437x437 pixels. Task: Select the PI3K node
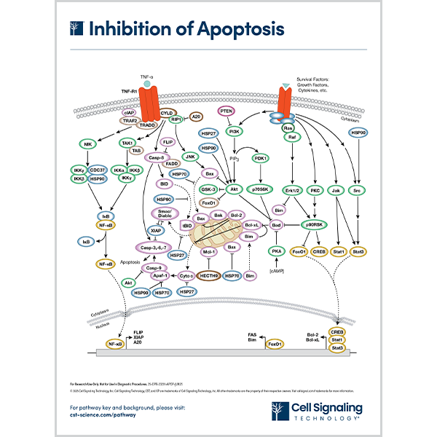pos(235,132)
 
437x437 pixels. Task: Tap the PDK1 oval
pos(261,158)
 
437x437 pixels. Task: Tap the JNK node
pos(192,157)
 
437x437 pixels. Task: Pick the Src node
pos(357,191)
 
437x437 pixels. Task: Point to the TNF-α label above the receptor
pos(148,76)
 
